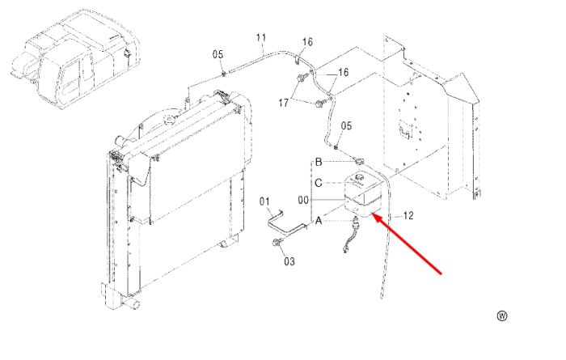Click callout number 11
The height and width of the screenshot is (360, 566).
pos(261,37)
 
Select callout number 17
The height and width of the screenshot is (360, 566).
pos(283,103)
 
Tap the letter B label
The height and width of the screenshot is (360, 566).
pos(319,162)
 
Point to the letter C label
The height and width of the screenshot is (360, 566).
pos(318,183)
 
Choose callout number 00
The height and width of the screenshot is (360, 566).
pos(303,200)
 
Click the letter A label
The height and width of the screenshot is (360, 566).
pos(318,220)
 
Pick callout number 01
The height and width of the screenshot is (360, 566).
pos(264,201)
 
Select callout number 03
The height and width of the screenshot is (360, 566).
pos(289,261)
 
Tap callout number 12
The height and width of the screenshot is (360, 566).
pos(408,215)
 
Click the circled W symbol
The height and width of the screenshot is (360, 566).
pos(502,316)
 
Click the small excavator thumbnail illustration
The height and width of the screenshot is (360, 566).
pos(74,58)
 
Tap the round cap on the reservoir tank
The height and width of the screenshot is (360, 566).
pos(358,177)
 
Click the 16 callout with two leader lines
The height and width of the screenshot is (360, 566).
pos(344,72)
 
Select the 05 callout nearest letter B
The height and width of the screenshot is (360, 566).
pos(346,125)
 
